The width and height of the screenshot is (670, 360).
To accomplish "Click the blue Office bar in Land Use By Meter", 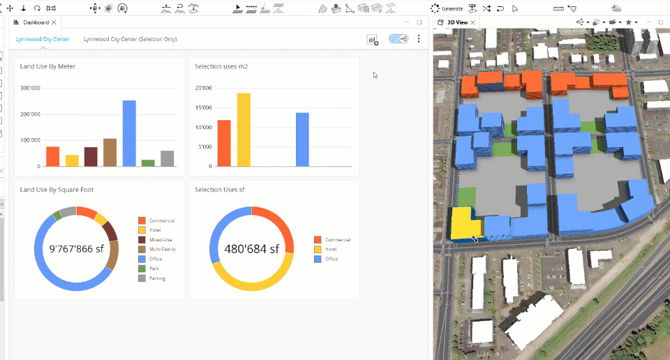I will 129,133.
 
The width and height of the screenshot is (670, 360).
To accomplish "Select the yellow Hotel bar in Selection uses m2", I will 244,130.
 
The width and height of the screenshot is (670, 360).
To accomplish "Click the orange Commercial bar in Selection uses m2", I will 224,143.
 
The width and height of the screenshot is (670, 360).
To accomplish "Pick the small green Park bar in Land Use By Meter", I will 148,163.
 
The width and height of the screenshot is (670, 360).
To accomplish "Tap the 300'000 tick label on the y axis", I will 30,88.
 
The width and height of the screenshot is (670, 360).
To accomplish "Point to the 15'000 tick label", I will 203,107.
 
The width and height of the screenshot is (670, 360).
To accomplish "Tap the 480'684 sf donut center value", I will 251,248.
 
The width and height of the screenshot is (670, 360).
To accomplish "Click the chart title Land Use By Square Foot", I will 57,190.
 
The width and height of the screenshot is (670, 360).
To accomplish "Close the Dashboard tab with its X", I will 54,22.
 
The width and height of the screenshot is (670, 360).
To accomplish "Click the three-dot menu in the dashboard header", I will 419,40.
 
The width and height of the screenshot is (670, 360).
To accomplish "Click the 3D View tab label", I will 457,22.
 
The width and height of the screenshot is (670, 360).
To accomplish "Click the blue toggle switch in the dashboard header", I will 399,40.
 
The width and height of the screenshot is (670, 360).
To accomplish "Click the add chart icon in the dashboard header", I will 373,40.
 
